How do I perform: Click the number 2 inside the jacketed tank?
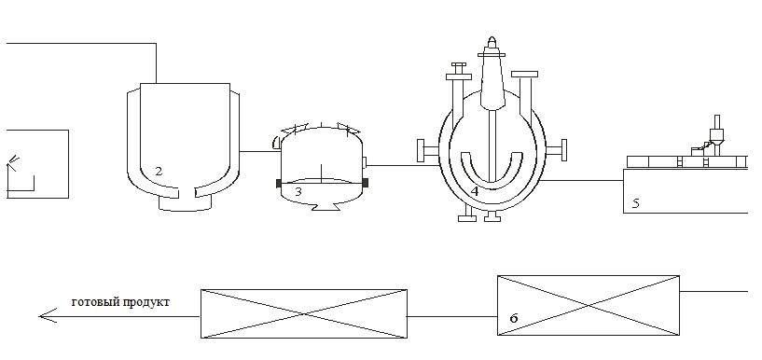click(x=159, y=171)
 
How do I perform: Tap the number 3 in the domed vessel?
click(x=298, y=192)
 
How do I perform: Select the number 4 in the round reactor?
click(x=475, y=192)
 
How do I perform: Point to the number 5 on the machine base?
click(x=636, y=203)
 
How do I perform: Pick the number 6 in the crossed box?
click(x=514, y=318)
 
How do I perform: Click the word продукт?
click(x=146, y=303)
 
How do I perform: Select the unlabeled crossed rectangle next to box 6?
click(x=304, y=313)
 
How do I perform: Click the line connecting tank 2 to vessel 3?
click(x=260, y=152)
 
